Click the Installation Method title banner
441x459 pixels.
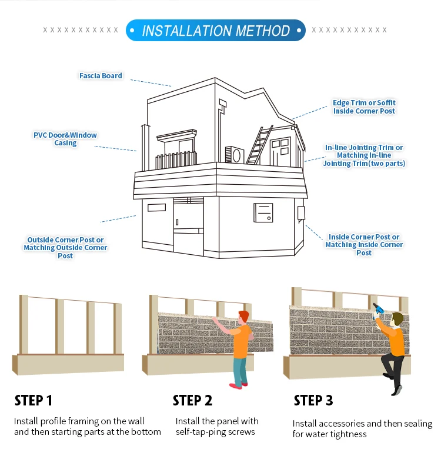(216, 30)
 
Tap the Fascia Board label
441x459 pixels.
(101, 75)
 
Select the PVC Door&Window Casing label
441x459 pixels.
(65, 139)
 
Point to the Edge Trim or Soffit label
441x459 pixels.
(364, 107)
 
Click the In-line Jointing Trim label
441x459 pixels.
(364, 155)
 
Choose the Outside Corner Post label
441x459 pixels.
(65, 248)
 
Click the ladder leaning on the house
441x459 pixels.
(260, 145)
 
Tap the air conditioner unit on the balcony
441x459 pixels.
(235, 155)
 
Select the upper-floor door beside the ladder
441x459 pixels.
(280, 152)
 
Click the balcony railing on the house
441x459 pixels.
(176, 160)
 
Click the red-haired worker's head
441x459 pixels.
(243, 317)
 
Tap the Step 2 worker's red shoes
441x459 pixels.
(238, 385)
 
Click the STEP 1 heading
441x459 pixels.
(34, 401)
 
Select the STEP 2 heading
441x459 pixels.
(192, 401)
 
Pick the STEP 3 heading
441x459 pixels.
(313, 401)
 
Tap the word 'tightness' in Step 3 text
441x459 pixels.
(348, 434)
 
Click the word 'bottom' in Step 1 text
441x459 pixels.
(146, 432)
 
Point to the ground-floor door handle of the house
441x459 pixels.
(177, 222)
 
